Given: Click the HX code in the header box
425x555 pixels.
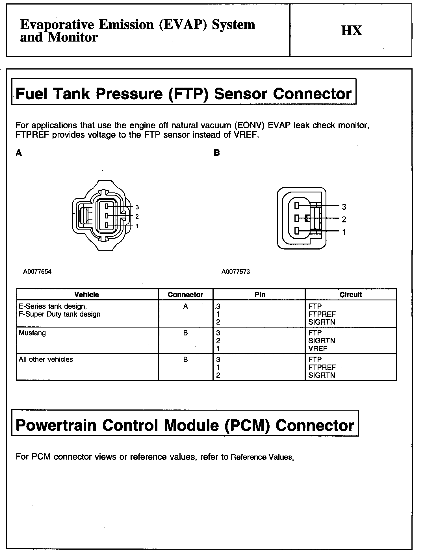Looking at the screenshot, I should pos(352,31).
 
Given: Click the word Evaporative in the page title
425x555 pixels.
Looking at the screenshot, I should pos(57,25).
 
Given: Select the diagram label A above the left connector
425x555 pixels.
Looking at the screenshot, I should pos(19,153).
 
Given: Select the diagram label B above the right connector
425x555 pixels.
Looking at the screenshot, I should pos(217,153).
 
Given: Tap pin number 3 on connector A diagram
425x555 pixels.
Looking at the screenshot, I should pos(137,207).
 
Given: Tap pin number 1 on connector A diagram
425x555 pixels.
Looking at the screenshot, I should pos(137,226).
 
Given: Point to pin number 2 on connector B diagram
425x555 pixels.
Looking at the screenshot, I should pos(344,219).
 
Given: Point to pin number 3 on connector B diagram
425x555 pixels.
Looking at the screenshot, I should pos(344,207).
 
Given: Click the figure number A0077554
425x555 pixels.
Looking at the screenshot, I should pos(37,272).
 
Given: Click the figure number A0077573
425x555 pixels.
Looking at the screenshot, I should pos(236,272).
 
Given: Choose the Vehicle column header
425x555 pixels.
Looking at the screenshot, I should pos(87,295).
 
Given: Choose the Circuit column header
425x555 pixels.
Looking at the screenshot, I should pos(351,295).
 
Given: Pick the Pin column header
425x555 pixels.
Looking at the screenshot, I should pos(260,295).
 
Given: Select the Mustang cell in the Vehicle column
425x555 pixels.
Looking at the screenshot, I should pos(32,333).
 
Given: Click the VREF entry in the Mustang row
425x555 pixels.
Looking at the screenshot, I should pos(318,349).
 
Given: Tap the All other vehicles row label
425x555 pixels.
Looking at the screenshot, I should pos(46,359).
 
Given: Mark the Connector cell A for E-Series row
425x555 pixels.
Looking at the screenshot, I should pos(185,307).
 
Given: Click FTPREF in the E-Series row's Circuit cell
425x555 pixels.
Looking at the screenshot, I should pos(322,314).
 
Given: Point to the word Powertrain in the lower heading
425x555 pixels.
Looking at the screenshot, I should pos(56,426).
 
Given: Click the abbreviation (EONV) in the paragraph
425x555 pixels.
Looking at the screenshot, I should pos(250,125).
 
